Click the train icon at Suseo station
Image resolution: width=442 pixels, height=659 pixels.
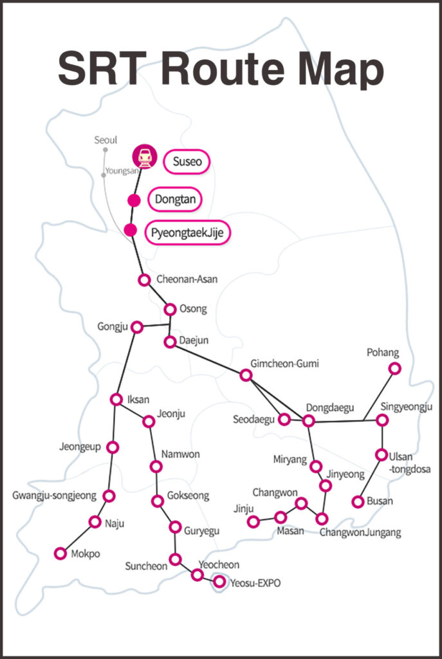[145, 156]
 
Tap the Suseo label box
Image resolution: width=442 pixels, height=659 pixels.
[187, 162]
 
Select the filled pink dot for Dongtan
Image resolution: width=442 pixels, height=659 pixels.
[134, 200]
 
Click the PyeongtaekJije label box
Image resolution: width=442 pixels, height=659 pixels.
[188, 232]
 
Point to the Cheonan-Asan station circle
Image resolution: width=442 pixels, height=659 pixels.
[145, 280]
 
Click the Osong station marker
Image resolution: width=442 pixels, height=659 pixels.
[170, 310]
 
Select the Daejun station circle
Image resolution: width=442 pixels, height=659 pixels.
[170, 342]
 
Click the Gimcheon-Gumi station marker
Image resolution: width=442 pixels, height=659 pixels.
[246, 375]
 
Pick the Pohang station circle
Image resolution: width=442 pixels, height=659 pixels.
[395, 368]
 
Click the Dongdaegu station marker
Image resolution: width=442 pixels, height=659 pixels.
[308, 420]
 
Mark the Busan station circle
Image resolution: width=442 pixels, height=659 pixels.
[358, 501]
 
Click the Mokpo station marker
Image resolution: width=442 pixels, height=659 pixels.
[60, 553]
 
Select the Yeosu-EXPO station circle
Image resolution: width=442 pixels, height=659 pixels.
[219, 582]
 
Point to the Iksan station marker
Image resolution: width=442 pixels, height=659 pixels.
[116, 400]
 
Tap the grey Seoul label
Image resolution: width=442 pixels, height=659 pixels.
[106, 140]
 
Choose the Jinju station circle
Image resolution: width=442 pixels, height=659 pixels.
[253, 521]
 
